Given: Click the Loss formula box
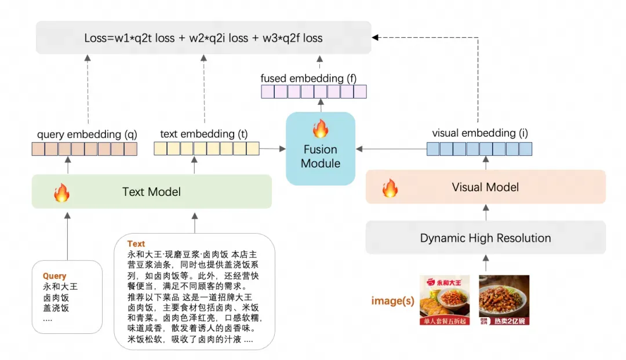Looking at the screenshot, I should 203,38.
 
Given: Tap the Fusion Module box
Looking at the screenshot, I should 321,149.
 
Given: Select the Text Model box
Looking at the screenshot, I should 152,192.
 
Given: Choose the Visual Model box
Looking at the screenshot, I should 485,187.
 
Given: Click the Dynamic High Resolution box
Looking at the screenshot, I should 485,238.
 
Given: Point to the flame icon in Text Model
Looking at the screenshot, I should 61,192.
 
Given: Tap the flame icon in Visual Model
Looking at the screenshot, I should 391,188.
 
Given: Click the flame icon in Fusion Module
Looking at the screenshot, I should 320,128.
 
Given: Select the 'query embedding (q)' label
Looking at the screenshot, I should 87,134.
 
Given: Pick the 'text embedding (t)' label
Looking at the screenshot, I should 203,134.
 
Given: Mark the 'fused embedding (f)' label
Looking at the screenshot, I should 302,78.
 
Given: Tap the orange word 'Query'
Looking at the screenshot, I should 54,276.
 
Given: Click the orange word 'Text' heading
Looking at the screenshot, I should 136,244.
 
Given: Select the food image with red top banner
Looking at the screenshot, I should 445,300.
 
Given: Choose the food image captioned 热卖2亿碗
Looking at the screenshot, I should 504,300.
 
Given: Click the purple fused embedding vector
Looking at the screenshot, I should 314,92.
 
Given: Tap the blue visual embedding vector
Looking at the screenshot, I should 479,149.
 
